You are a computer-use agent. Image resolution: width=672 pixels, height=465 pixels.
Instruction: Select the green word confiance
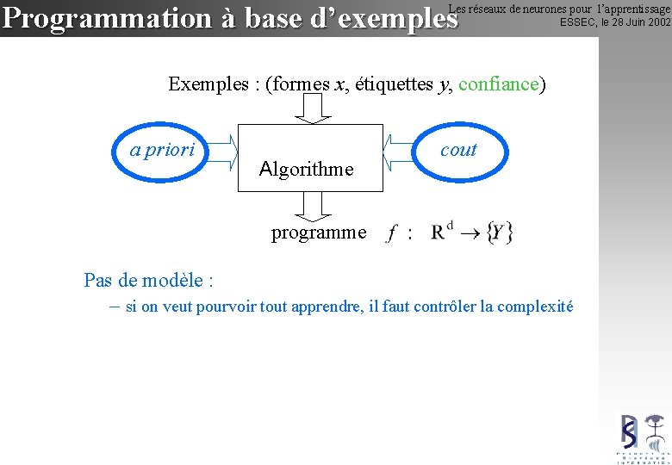(x=499, y=84)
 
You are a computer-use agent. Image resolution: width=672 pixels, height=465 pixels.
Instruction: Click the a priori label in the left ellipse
(x=163, y=150)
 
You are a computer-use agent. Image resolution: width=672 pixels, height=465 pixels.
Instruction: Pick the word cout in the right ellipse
(x=457, y=150)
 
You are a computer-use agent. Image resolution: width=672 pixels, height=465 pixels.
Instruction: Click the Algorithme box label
(x=306, y=169)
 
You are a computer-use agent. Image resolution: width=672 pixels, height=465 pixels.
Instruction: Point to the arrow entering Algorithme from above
(x=312, y=108)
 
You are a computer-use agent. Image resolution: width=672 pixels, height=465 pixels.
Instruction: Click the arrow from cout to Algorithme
(x=397, y=151)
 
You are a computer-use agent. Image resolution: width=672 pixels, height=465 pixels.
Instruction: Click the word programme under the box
(x=318, y=232)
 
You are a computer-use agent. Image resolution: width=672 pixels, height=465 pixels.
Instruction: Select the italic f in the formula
(x=393, y=232)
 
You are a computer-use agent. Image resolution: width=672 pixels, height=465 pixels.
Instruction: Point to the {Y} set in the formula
(x=499, y=232)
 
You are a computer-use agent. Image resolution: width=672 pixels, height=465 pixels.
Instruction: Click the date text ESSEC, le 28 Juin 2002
(x=614, y=22)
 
